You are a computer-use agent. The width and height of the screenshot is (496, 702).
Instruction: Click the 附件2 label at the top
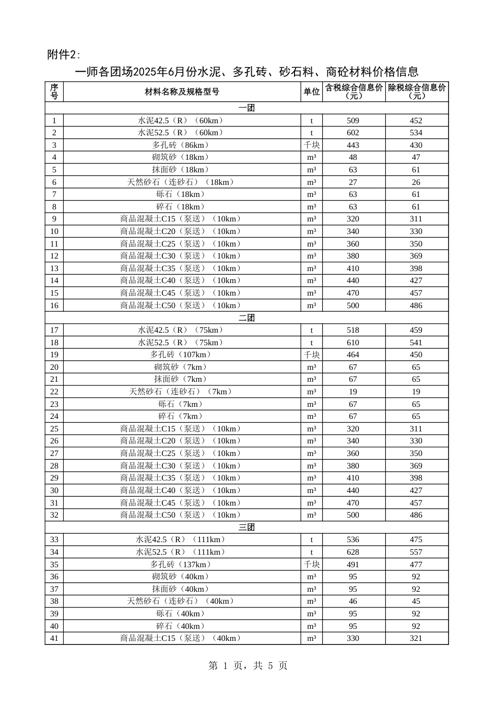coord(64,54)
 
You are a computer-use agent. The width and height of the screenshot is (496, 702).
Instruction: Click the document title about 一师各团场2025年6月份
coord(247,72)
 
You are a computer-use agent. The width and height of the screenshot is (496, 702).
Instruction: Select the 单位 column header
coord(312,91)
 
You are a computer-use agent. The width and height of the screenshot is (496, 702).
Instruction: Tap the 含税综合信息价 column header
coord(354,91)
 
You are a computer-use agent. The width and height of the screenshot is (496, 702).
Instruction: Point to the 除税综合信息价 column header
coord(417,91)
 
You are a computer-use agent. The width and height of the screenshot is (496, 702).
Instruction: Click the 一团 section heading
coord(246,108)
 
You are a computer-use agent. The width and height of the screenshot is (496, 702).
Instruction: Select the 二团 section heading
coord(246,318)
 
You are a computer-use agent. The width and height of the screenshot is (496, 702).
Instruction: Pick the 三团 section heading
coord(246,527)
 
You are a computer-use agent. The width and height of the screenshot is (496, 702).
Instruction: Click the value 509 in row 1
coord(353,121)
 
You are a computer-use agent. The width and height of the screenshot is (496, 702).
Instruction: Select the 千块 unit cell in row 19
coord(312,355)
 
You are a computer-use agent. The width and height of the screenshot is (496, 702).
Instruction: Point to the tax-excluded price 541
coord(416,343)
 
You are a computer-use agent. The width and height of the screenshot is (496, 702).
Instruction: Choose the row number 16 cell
coord(54,306)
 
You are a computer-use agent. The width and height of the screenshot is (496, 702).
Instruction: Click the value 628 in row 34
coord(353,552)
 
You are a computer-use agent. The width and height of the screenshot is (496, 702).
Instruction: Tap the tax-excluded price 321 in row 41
coord(416,638)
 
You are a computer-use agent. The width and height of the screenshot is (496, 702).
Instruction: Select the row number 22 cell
coord(54,392)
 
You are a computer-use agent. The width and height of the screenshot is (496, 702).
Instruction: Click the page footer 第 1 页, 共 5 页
coord(248,665)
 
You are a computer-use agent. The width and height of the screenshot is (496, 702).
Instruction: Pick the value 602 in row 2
coord(353,133)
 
